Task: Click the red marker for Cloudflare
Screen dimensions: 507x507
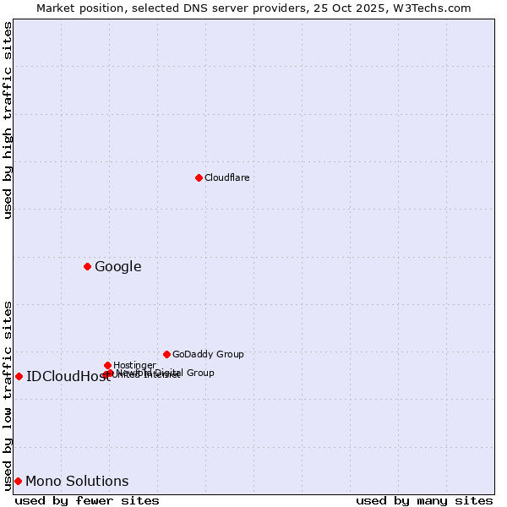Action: click(199, 177)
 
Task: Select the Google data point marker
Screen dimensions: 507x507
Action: click(87, 267)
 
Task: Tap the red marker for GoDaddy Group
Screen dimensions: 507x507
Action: click(166, 354)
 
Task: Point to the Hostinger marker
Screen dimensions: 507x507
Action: click(107, 365)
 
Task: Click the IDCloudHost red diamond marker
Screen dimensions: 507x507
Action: click(19, 376)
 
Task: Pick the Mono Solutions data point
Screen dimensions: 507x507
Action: click(18, 481)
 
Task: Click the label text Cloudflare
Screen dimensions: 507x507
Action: click(226, 177)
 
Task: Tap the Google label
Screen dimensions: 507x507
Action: click(117, 267)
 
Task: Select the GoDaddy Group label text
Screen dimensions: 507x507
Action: click(208, 354)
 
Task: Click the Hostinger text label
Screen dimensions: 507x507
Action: click(134, 365)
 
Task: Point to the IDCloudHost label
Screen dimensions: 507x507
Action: click(68, 377)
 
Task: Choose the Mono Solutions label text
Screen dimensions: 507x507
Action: click(77, 482)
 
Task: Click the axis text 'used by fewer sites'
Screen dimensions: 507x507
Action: click(87, 500)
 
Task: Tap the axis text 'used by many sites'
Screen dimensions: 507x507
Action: click(424, 500)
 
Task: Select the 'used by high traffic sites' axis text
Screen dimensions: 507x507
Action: click(8, 120)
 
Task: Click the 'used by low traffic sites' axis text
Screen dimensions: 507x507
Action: click(8, 395)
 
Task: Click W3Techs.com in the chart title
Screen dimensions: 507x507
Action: click(436, 8)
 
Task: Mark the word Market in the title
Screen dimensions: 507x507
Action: click(57, 8)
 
